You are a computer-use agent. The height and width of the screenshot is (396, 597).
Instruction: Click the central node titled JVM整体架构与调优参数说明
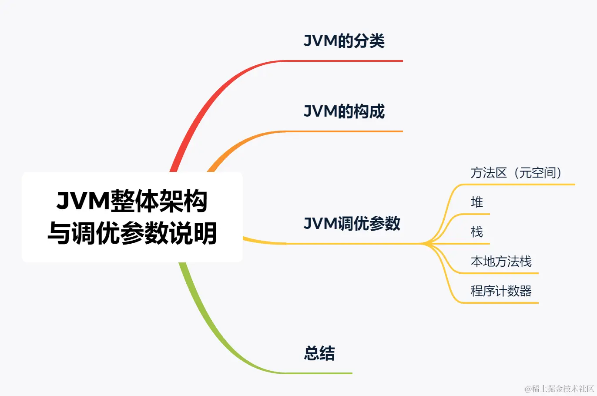[x=132, y=217]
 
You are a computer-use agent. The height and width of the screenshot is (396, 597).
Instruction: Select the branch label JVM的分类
[x=344, y=41]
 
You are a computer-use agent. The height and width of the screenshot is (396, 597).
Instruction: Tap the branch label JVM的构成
[x=344, y=111]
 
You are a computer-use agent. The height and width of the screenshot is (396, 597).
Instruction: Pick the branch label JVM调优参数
[x=352, y=224]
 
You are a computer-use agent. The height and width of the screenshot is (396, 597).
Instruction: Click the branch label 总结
[x=319, y=353]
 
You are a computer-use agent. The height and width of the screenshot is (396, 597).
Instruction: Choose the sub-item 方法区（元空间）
[x=516, y=173]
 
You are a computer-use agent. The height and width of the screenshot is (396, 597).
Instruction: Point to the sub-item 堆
[x=477, y=202]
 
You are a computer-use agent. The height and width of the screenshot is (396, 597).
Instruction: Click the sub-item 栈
[x=477, y=232]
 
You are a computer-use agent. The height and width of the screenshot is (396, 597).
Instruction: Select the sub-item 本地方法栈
[x=501, y=262]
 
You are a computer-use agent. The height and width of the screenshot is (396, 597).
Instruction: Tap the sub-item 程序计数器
[x=501, y=291]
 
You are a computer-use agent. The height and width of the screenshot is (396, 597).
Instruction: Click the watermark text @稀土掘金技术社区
[x=559, y=389]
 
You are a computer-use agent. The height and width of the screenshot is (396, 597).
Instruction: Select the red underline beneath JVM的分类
[x=348, y=61]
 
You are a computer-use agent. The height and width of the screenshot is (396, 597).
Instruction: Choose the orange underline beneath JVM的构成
[x=348, y=131]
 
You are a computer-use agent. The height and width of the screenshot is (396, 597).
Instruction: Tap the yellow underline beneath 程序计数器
[x=500, y=302]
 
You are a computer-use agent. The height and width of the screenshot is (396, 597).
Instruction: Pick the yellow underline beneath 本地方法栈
[x=500, y=273]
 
